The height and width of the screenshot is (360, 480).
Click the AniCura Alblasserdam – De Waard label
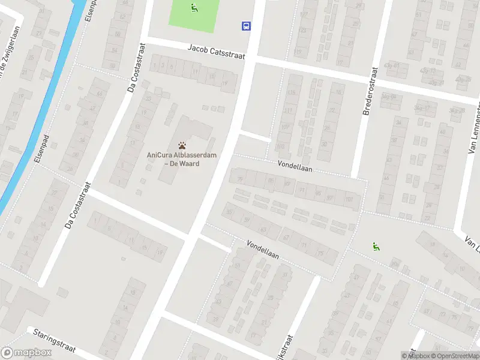(x=182, y=159)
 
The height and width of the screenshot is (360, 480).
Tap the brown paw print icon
(x=182, y=145)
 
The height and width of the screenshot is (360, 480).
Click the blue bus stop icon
(x=246, y=26)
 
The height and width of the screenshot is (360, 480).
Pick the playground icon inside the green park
(x=194, y=8)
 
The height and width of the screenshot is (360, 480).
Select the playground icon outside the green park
(x=376, y=245)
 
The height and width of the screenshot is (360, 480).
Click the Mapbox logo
(x=26, y=353)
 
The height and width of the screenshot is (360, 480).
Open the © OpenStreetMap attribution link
(x=454, y=356)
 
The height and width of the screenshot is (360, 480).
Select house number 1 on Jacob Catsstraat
(x=155, y=65)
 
